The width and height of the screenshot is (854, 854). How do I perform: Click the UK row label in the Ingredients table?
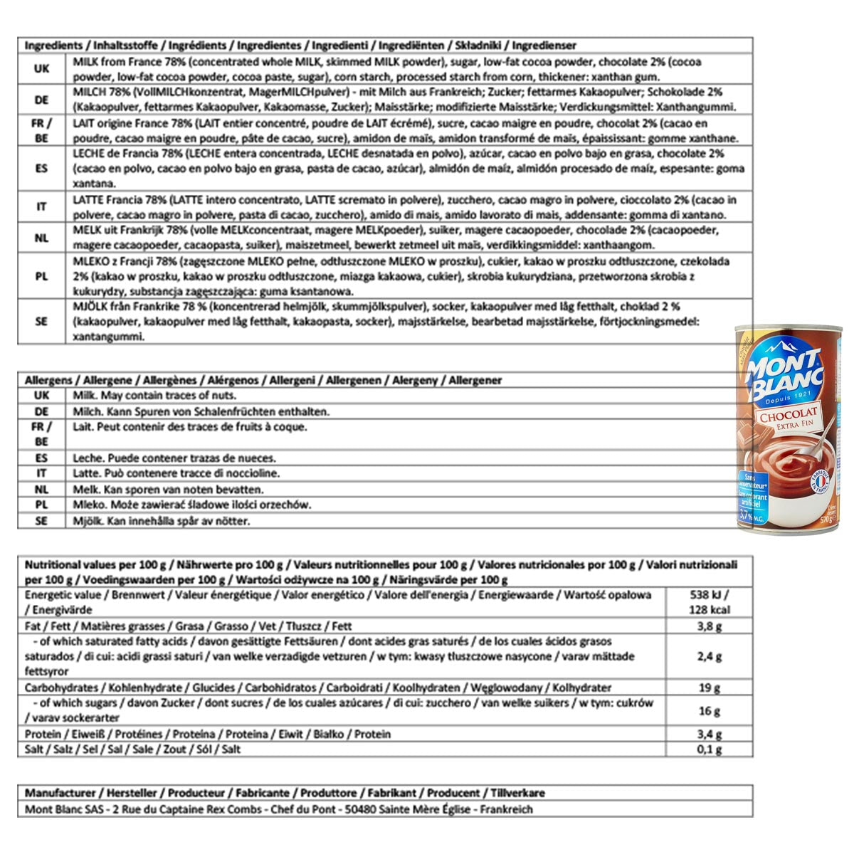[41, 69]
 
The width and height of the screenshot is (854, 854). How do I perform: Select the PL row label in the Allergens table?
[41, 505]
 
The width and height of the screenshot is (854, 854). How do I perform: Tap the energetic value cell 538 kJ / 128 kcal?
[709, 602]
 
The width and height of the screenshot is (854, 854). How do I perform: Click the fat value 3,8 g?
[709, 626]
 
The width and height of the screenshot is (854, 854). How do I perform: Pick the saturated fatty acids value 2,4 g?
[709, 656]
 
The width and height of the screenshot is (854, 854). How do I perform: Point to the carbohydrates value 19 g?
[709, 687]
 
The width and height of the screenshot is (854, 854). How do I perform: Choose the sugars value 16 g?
[709, 710]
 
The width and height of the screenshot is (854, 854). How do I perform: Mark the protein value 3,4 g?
[709, 734]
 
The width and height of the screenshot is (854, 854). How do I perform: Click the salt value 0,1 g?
[709, 749]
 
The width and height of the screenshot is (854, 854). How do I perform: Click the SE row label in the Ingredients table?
[41, 321]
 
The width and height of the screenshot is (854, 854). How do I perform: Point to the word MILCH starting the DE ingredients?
[88, 93]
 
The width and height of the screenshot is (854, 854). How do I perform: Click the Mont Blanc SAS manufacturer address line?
[278, 809]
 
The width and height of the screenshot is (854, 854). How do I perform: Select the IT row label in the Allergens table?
[41, 473]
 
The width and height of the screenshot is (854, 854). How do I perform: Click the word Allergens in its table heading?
[49, 380]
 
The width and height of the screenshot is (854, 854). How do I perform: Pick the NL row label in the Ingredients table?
[41, 238]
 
